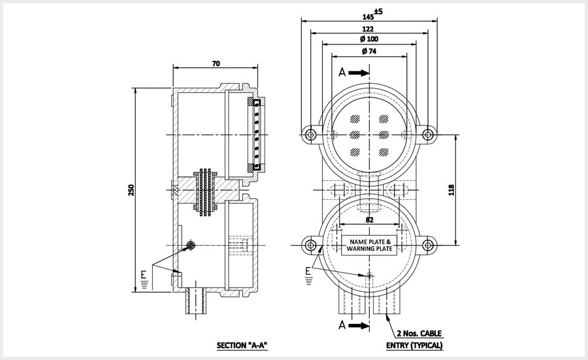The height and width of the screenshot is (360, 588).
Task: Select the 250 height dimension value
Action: pos(131,189)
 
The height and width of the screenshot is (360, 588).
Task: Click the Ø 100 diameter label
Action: pos(369,40)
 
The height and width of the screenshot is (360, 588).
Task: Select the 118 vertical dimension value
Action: pos(451,189)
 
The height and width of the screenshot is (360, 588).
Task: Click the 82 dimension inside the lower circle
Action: pos(369,220)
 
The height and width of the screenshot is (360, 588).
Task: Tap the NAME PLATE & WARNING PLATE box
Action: pos(369,245)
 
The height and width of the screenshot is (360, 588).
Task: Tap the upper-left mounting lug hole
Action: pos(310,135)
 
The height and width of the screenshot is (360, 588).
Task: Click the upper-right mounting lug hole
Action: pos(428,135)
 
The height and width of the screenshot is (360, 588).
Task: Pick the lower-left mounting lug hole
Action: pos(310,246)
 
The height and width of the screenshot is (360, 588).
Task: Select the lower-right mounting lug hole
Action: pos(428,246)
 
